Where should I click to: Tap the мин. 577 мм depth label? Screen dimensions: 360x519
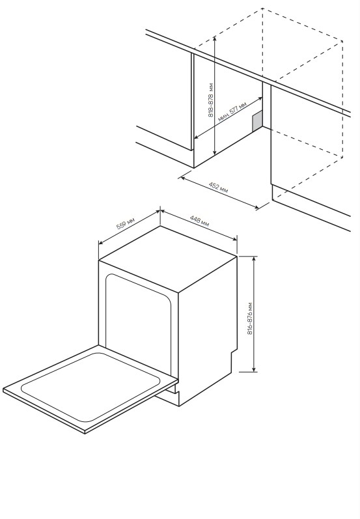tap(232, 111)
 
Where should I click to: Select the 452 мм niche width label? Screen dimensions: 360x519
tap(218, 187)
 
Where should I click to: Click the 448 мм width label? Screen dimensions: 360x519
tap(199, 221)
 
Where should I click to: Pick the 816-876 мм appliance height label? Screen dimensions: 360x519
tap(250, 318)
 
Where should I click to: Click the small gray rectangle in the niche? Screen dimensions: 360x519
tap(257, 120)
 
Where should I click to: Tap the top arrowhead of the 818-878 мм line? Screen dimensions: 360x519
tap(215, 38)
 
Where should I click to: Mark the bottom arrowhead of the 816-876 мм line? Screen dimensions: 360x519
tap(254, 369)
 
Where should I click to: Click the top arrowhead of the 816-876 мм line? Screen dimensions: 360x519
tap(254, 259)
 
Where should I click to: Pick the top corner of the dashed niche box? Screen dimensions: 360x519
tap(262, 8)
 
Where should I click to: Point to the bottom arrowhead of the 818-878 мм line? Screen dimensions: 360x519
tap(215, 152)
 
